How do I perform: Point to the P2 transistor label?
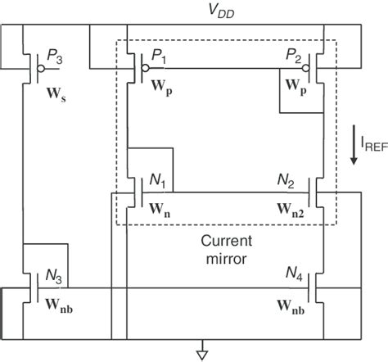pyautogui.click(x=294, y=57)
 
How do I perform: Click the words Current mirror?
pyautogui.click(x=223, y=249)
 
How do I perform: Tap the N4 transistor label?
pyautogui.click(x=293, y=273)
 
